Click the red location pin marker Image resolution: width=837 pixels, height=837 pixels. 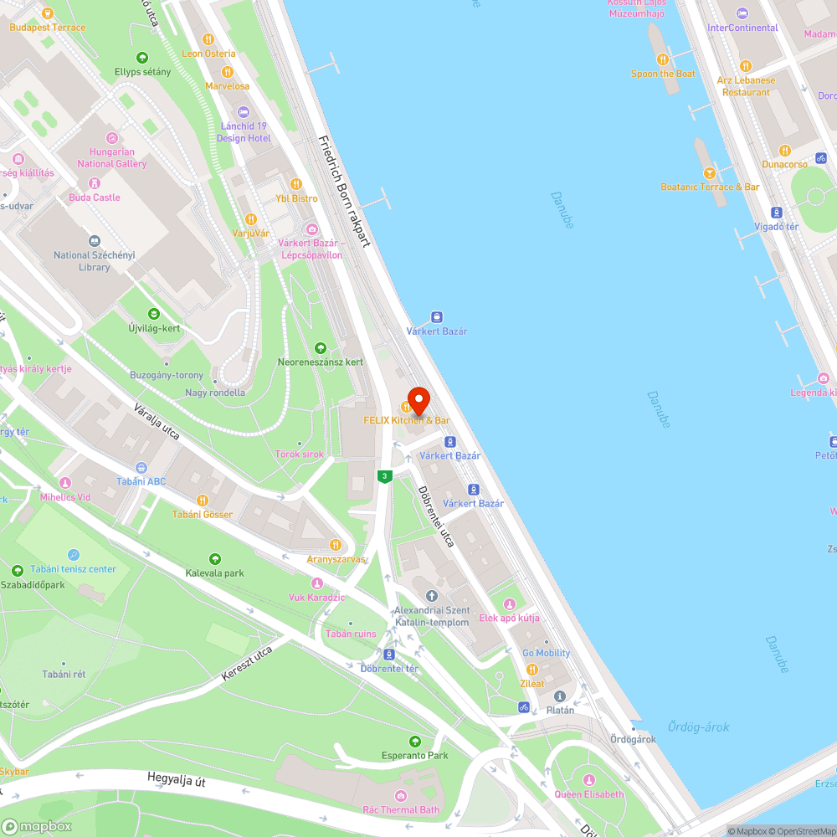tap(418, 398)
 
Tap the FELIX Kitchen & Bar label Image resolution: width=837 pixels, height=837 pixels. tap(407, 420)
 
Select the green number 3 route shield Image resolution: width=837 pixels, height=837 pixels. tap(385, 476)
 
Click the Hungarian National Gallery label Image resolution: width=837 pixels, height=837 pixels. tap(112, 158)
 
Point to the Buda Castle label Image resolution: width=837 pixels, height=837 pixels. tap(95, 198)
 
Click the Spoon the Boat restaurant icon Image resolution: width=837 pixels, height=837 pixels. tap(663, 59)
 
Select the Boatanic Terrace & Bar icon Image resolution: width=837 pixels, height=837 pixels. tap(710, 172)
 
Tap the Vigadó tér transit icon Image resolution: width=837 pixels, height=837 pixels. tap(777, 213)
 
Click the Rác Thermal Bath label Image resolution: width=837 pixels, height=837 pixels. tap(401, 809)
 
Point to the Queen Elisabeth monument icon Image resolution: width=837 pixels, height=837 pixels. tap(588, 780)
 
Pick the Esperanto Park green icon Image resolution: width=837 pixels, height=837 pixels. tap(414, 742)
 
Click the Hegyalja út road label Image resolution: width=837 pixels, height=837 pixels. tap(176, 781)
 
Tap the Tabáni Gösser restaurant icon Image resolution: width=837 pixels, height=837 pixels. tap(202, 500)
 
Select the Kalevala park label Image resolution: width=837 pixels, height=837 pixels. tap(215, 573)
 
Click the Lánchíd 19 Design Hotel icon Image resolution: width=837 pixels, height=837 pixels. tap(244, 112)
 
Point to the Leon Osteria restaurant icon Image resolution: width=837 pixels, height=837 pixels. tap(208, 39)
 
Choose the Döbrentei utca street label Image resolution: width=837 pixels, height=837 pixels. tap(436, 516)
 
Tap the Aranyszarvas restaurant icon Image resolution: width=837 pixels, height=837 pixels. tap(336, 545)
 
